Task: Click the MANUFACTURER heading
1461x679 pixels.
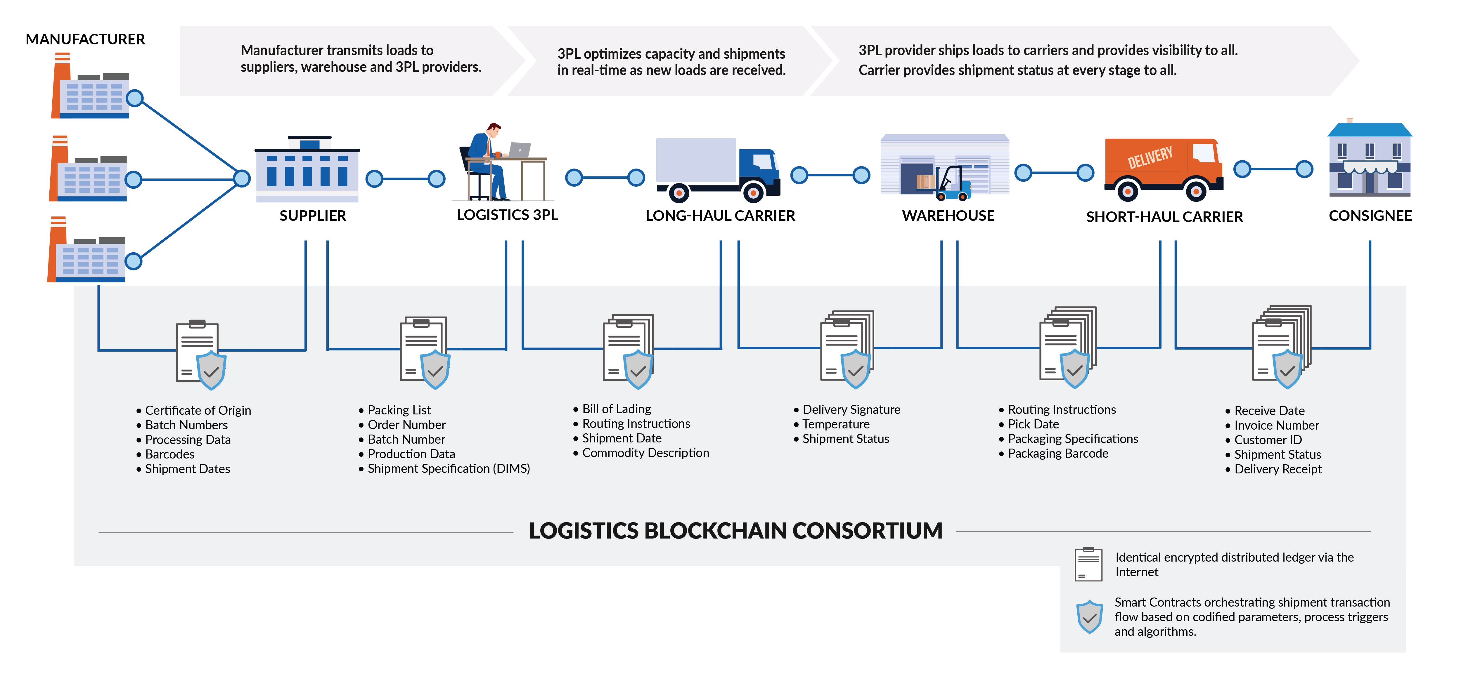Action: tap(85, 39)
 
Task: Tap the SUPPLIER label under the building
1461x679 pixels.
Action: tap(312, 216)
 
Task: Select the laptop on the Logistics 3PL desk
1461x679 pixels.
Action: tap(519, 150)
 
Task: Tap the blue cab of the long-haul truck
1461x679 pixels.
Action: tap(758, 167)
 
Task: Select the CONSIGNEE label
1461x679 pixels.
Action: tap(1370, 216)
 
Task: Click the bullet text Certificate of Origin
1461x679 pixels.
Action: tap(197, 410)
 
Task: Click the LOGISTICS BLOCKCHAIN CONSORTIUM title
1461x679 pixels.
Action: tap(735, 531)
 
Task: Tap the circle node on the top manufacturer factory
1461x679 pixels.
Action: tap(134, 98)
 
